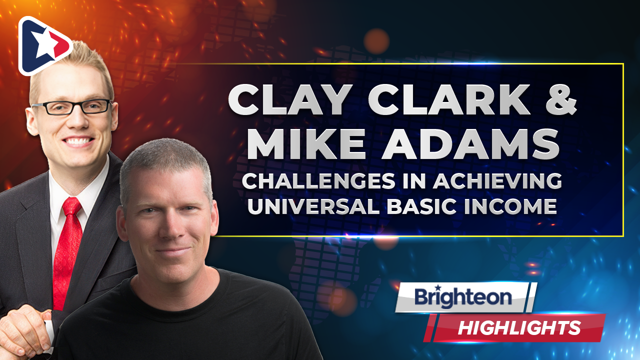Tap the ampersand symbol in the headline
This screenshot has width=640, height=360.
(561, 99)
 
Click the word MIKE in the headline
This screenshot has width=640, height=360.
(306, 143)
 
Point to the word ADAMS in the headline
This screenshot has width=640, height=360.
(470, 143)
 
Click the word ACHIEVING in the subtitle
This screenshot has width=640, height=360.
(497, 181)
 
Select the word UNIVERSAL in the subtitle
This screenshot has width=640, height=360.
(313, 206)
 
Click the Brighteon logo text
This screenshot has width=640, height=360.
(463, 297)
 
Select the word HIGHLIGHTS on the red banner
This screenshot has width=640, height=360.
(519, 327)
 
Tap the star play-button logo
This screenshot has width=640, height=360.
(45, 45)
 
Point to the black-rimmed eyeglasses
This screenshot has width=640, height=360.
(72, 107)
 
